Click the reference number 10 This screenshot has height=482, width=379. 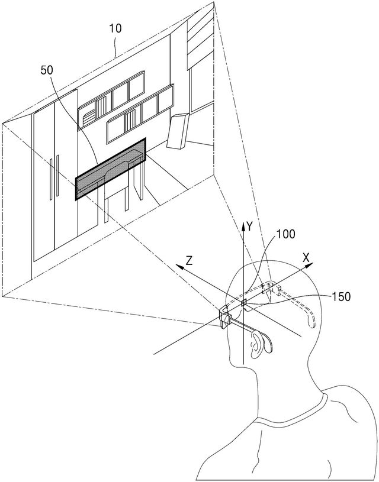coord(115,28)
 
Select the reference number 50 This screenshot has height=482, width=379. coord(47,70)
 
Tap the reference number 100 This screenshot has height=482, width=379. coord(285,234)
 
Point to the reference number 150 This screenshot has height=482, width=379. coord(341,296)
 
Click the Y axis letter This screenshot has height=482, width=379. coord(250,227)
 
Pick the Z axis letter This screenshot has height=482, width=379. coord(189,261)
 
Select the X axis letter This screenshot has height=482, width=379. coord(306,258)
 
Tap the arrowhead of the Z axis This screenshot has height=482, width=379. coord(180,267)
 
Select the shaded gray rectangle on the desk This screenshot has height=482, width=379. coord(111,169)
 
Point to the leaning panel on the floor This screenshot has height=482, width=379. coord(178,131)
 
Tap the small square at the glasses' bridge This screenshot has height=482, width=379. coord(244,303)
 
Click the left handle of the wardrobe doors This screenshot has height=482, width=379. coord(51,179)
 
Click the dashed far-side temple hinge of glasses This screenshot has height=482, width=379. coord(271,289)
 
